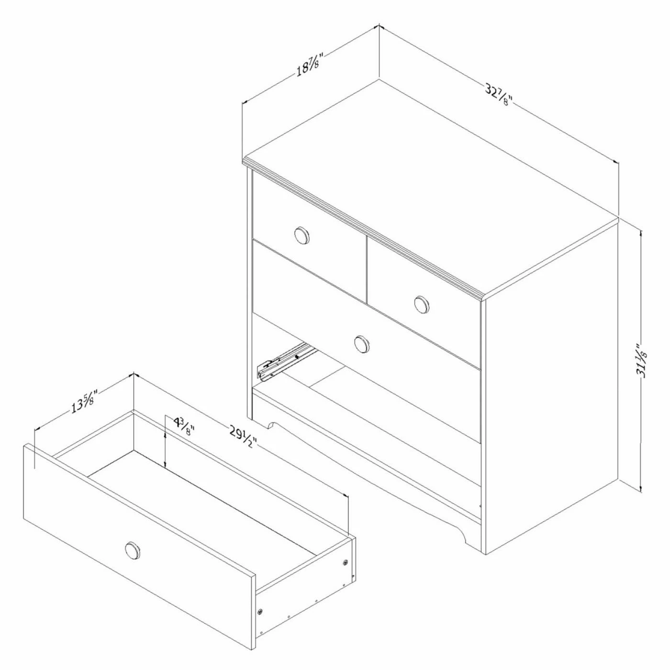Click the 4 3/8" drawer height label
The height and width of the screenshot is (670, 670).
pyautogui.click(x=184, y=427)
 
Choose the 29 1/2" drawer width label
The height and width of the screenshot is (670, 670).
pyautogui.click(x=243, y=437)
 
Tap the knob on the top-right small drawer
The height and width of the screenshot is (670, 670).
pyautogui.click(x=422, y=304)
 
